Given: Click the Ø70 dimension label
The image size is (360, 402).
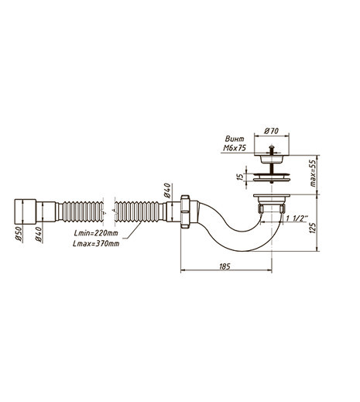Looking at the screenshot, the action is pos(271,131).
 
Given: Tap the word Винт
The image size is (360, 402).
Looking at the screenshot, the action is pos(235,139).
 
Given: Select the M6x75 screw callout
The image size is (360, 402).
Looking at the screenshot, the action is pos(235,148).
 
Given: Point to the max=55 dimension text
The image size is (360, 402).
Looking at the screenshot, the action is pos(313,174).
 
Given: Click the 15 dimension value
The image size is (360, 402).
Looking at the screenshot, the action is pos(240,177).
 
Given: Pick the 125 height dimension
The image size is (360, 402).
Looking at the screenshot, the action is pos(312,228).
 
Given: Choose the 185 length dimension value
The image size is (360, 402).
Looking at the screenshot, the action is pos(225,266).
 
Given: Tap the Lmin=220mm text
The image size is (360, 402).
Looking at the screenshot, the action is pos(96,233).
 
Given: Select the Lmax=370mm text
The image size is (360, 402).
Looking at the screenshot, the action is pos(96,243).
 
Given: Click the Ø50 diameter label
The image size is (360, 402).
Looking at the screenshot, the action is pos(19,235).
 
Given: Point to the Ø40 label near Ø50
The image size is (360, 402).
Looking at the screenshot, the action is pos(39,235).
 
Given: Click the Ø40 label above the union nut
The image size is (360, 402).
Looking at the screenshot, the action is pos(167,190).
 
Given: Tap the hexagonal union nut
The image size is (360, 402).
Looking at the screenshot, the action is pos(186,211).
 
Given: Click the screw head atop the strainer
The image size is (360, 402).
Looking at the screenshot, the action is pos(272,148).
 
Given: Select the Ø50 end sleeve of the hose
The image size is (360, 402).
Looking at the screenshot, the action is pos(25,211).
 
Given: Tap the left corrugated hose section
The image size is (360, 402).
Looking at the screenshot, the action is pos(83,211).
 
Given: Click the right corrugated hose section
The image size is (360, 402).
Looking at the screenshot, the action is pos(136,211).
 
